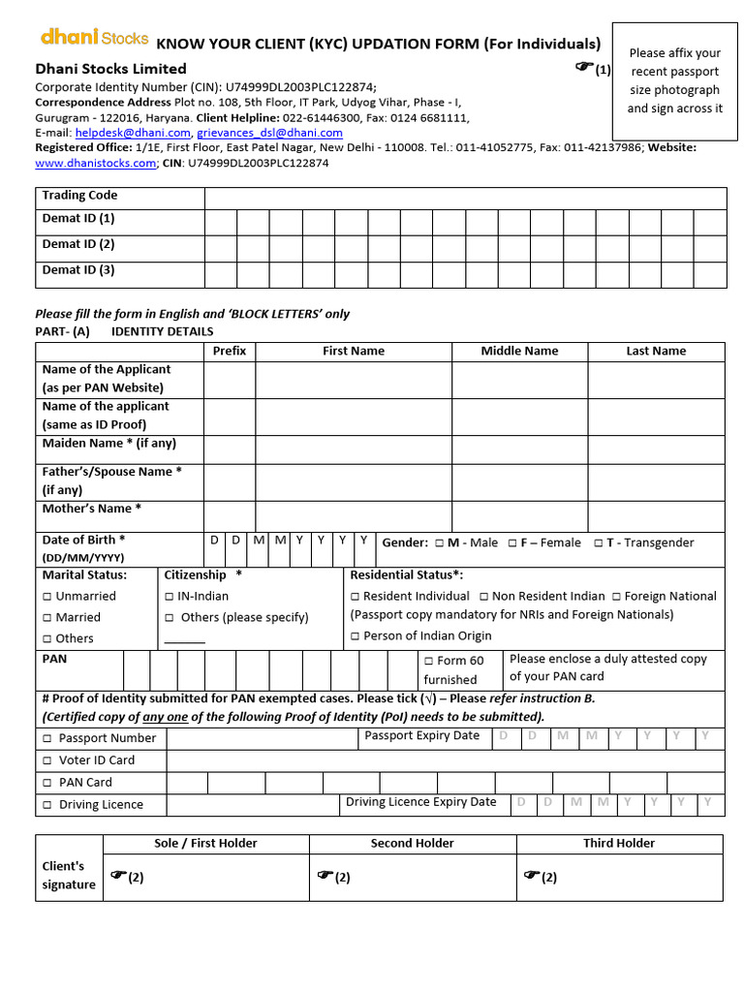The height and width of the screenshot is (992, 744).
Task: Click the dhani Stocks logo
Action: click(94, 38)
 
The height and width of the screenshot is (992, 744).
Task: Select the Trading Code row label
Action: click(79, 196)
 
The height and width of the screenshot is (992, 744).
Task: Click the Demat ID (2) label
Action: click(78, 245)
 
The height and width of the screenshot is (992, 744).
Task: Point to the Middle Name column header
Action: click(519, 351)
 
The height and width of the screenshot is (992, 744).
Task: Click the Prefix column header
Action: click(230, 351)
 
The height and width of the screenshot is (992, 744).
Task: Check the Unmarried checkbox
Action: click(47, 597)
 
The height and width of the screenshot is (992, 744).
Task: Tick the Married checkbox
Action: click(47, 618)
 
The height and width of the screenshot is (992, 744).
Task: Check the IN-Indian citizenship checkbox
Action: click(170, 597)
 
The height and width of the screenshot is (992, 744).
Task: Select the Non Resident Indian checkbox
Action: click(483, 597)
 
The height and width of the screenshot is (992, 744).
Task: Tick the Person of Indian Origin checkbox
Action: click(356, 636)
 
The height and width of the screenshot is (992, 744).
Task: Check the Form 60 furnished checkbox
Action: click(429, 661)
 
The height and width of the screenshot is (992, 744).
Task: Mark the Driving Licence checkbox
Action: click(47, 805)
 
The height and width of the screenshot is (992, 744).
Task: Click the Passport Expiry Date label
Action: click(421, 736)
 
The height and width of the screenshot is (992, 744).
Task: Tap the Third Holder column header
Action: click(619, 844)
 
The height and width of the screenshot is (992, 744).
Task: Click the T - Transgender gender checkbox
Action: click(599, 543)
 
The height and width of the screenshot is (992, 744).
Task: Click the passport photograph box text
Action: click(674, 80)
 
